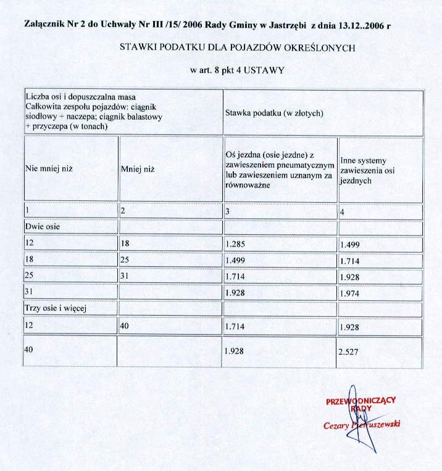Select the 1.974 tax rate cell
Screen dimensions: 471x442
(350, 294)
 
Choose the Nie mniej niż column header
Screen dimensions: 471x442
(49, 168)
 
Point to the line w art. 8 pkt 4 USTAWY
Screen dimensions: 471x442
(238, 70)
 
